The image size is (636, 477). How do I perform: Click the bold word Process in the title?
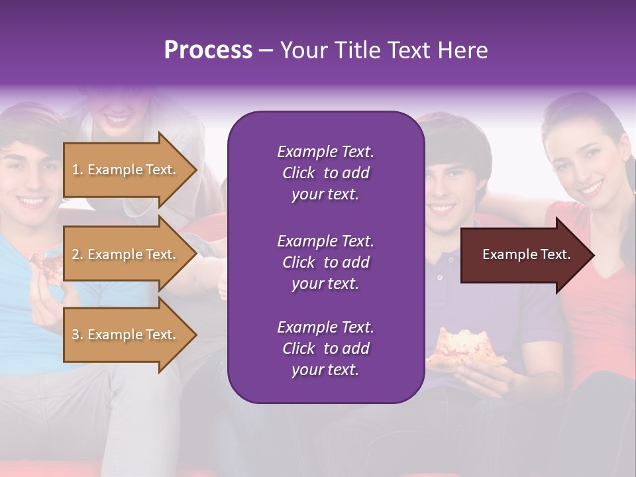click(208, 50)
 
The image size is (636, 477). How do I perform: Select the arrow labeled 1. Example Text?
click(129, 170)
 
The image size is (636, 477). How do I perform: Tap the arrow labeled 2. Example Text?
click(129, 254)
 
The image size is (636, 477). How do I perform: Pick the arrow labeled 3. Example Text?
click(129, 335)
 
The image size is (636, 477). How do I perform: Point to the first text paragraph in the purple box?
click(325, 173)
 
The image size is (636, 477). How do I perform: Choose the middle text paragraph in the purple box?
click(325, 262)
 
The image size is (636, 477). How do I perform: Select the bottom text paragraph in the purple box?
click(325, 348)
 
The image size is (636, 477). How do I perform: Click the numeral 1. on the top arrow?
click(78, 170)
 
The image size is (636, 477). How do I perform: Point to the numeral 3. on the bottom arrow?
click(78, 335)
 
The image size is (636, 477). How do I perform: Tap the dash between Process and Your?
click(266, 51)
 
